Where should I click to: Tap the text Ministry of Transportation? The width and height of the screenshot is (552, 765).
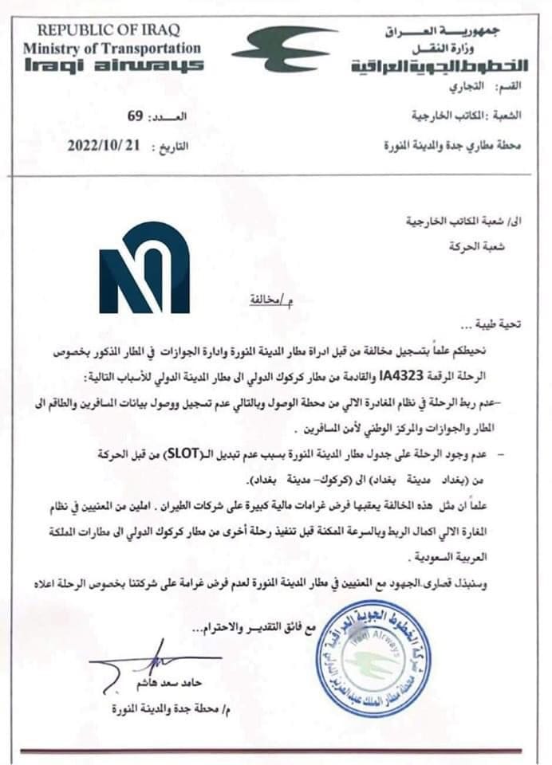(x=112, y=48)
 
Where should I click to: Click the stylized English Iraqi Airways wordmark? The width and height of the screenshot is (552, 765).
(x=112, y=65)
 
